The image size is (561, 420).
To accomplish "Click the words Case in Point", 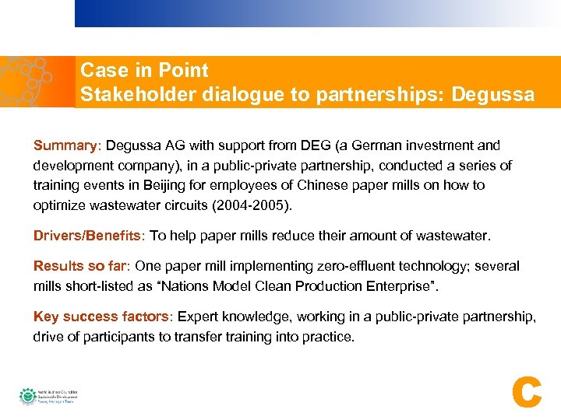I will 144,71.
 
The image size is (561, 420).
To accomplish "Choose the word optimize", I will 58,206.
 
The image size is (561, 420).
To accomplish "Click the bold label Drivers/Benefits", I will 88,236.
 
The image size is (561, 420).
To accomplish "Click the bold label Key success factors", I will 103,317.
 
